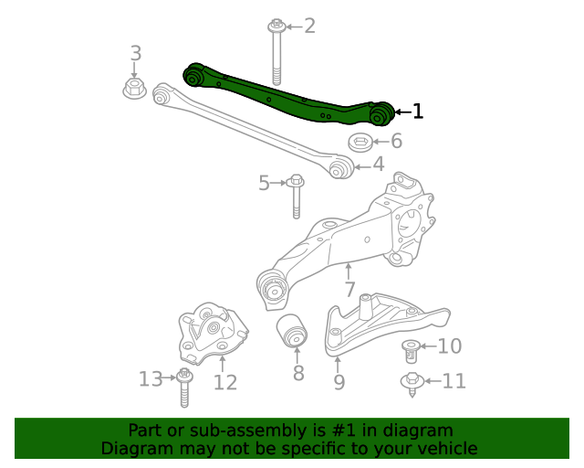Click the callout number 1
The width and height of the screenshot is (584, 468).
coord(418,112)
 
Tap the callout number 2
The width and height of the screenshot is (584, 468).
coord(309,26)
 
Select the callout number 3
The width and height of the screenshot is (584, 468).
coord(135,53)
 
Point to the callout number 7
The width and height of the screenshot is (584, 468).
coord(349,291)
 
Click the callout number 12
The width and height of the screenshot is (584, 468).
coord(225,382)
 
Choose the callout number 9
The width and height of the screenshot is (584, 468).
coord(339,382)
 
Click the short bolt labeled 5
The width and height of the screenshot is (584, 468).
coord(296,196)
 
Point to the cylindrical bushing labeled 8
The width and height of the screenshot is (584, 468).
coord(293,331)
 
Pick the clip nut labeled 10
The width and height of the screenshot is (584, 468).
coord(412,350)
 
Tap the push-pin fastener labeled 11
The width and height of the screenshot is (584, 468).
coord(412,384)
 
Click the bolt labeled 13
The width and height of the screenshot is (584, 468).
coord(184,388)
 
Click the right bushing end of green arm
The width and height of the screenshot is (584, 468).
coord(381,113)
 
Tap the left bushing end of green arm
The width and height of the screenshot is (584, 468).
coord(193,74)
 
